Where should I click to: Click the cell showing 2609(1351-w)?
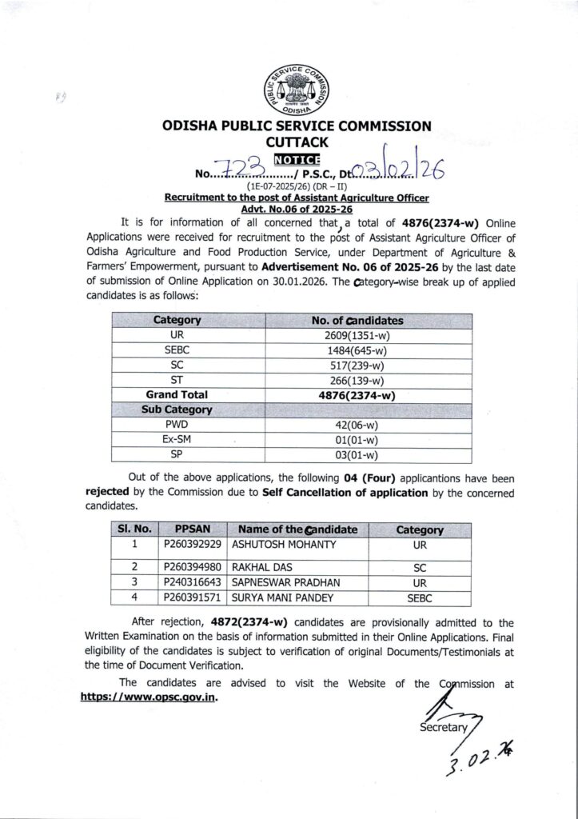coord(357,336)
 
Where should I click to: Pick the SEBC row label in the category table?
coord(177,350)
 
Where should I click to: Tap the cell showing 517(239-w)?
coord(357,366)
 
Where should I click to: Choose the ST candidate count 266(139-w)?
coord(357,380)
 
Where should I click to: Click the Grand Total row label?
coord(177,394)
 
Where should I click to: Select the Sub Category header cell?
coord(177,409)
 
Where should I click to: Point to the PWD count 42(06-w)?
coord(357,424)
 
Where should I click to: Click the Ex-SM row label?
coord(177,439)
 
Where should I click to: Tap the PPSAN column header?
coord(188,529)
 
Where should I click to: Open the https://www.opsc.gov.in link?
coord(149,696)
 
